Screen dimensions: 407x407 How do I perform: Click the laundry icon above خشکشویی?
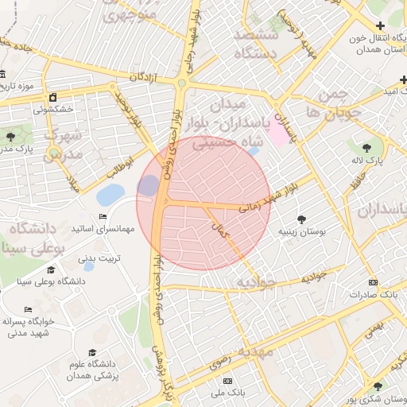point(53,97)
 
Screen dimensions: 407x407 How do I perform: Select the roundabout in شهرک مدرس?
point(53,153)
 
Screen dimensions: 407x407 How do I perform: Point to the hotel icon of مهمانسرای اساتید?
point(103,217)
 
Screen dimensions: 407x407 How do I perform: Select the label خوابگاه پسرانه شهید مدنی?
point(28,327)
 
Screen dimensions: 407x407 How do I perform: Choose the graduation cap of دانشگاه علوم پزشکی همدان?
point(92,352)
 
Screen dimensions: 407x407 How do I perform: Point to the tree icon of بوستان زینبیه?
point(301,219)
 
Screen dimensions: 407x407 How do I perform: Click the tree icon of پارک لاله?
point(366,147)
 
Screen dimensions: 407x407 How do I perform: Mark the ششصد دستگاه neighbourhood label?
point(255,44)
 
